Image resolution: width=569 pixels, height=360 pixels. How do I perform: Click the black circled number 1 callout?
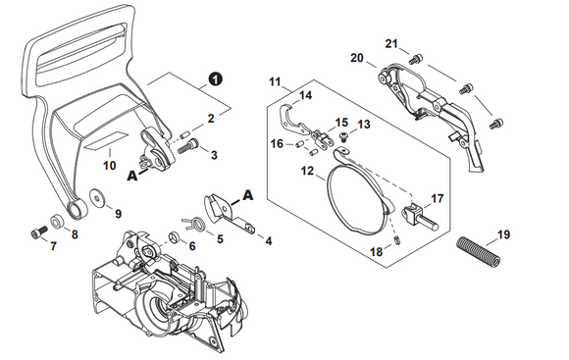coord(216,79)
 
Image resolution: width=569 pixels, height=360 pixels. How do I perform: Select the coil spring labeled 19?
coord(479,250)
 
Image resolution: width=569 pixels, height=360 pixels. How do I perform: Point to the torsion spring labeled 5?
coord(195,223)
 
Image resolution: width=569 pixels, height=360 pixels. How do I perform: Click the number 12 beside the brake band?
coord(307,171)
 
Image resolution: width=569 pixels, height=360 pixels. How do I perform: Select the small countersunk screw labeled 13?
coord(342,136)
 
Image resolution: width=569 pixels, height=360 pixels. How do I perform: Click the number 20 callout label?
coord(357,58)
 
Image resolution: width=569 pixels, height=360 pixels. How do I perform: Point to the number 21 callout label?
coord(391,43)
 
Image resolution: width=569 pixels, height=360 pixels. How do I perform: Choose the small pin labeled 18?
coord(397,240)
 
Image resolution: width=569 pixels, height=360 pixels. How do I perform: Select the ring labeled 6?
coord(175,237)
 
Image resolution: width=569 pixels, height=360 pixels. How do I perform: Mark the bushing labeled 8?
coord(57,221)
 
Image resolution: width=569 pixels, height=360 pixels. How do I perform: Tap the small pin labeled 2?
coord(185,134)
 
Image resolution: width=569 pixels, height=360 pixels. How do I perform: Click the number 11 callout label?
coord(275,81)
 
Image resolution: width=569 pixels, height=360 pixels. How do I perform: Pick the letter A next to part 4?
coord(248,195)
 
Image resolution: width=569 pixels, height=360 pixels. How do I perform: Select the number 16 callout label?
coord(277,144)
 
